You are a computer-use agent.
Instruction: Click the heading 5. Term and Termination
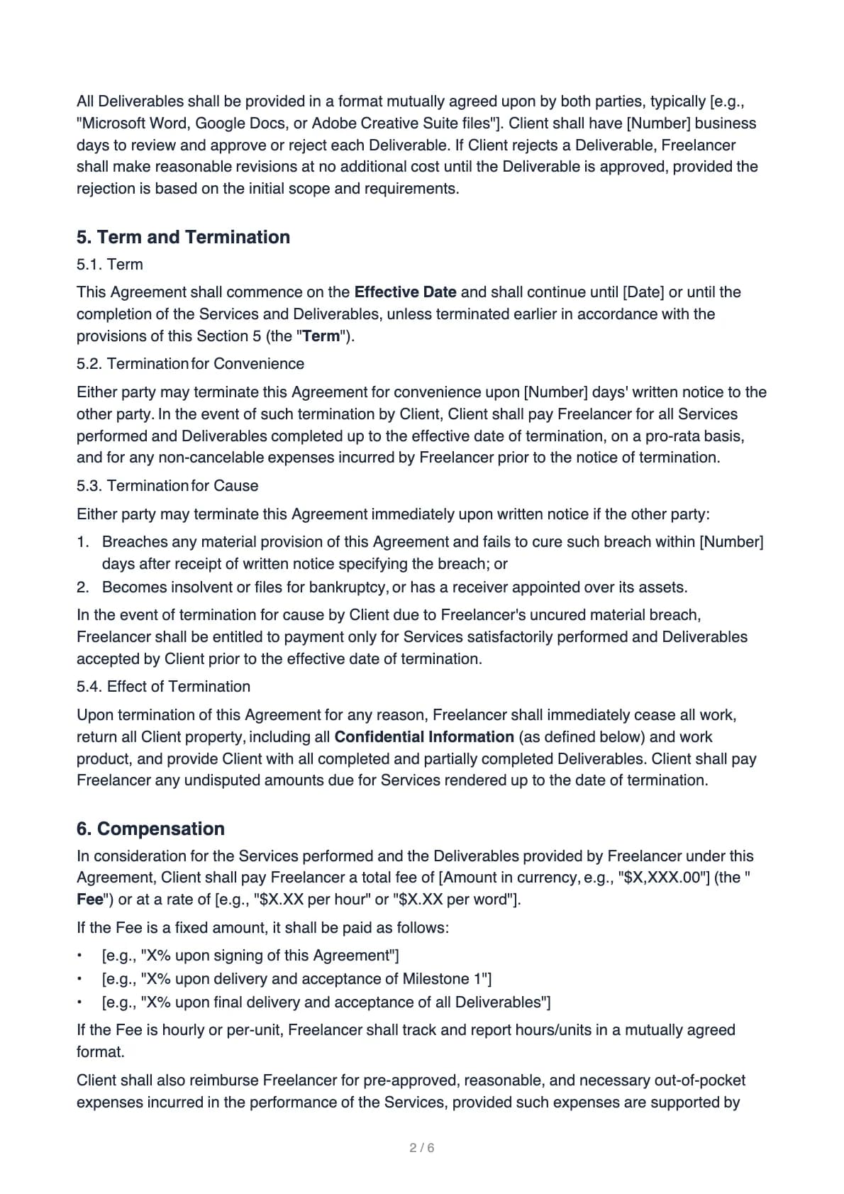click(183, 237)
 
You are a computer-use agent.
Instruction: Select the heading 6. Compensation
click(150, 829)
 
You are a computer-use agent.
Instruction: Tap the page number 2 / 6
click(422, 1147)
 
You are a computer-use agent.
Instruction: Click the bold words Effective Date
click(405, 292)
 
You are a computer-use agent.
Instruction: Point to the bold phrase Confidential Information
click(424, 737)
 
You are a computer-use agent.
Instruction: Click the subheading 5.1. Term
click(110, 265)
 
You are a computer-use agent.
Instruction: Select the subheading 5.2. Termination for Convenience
click(190, 364)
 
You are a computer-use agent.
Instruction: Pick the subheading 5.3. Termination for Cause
click(167, 486)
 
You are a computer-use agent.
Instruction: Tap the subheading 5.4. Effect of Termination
click(163, 687)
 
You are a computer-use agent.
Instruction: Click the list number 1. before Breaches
click(83, 542)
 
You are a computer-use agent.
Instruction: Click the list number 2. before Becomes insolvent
click(83, 587)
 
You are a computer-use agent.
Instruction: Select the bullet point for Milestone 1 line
click(81, 979)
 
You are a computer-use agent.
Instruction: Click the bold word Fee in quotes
click(89, 900)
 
